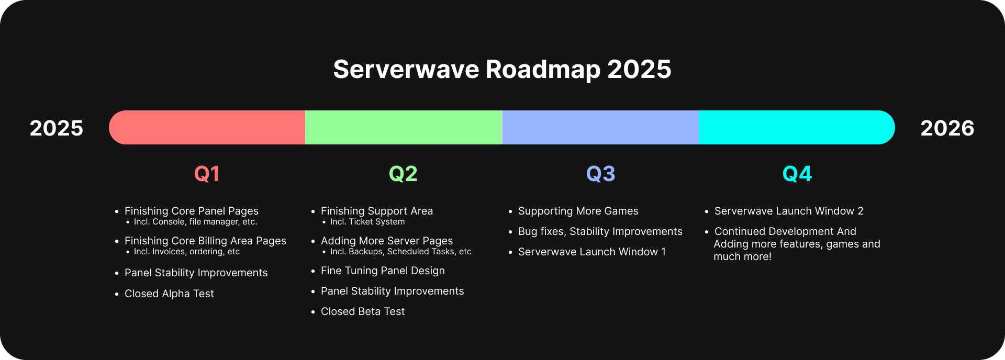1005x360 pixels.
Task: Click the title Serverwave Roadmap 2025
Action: click(502, 70)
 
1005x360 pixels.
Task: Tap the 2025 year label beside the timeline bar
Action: click(57, 128)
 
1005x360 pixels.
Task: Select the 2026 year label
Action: click(947, 128)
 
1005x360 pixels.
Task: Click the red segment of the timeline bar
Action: click(207, 127)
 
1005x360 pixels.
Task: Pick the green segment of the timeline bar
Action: click(404, 127)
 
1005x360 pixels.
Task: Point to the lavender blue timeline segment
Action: click(600, 127)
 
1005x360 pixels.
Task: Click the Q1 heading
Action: click(207, 174)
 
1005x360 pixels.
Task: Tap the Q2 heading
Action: click(403, 174)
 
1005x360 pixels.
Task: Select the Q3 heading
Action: click(600, 174)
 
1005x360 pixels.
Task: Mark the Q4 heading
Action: click(797, 174)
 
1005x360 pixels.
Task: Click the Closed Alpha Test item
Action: click(169, 294)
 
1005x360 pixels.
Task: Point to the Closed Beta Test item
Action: click(363, 311)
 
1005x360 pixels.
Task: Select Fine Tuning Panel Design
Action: click(383, 271)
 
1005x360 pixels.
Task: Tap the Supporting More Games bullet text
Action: click(578, 211)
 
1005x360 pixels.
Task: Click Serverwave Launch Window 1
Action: click(592, 252)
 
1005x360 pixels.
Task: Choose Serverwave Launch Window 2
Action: click(789, 211)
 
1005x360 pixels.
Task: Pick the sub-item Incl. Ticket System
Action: click(367, 222)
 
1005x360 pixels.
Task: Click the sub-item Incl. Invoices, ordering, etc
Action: click(187, 252)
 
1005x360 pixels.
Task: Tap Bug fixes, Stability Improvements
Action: click(600, 232)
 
